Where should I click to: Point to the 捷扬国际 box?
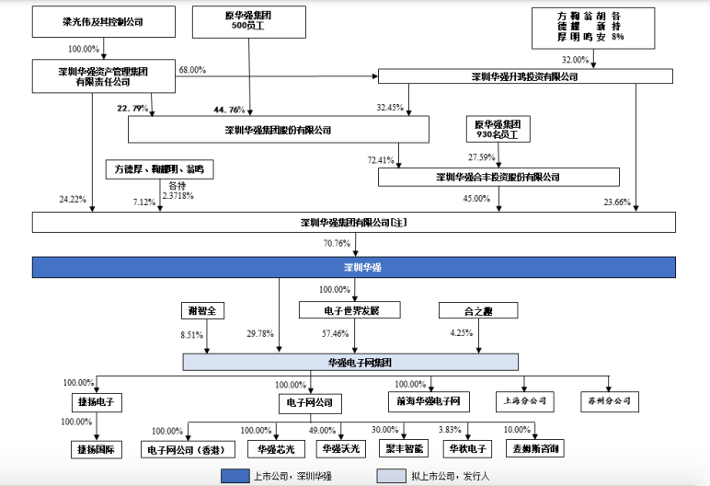[96, 449]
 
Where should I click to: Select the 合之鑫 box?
[473, 310]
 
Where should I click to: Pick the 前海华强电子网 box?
[429, 401]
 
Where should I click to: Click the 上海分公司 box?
[525, 401]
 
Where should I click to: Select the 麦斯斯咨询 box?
[534, 449]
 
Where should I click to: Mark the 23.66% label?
[617, 201]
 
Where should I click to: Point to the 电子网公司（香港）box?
[188, 449]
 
